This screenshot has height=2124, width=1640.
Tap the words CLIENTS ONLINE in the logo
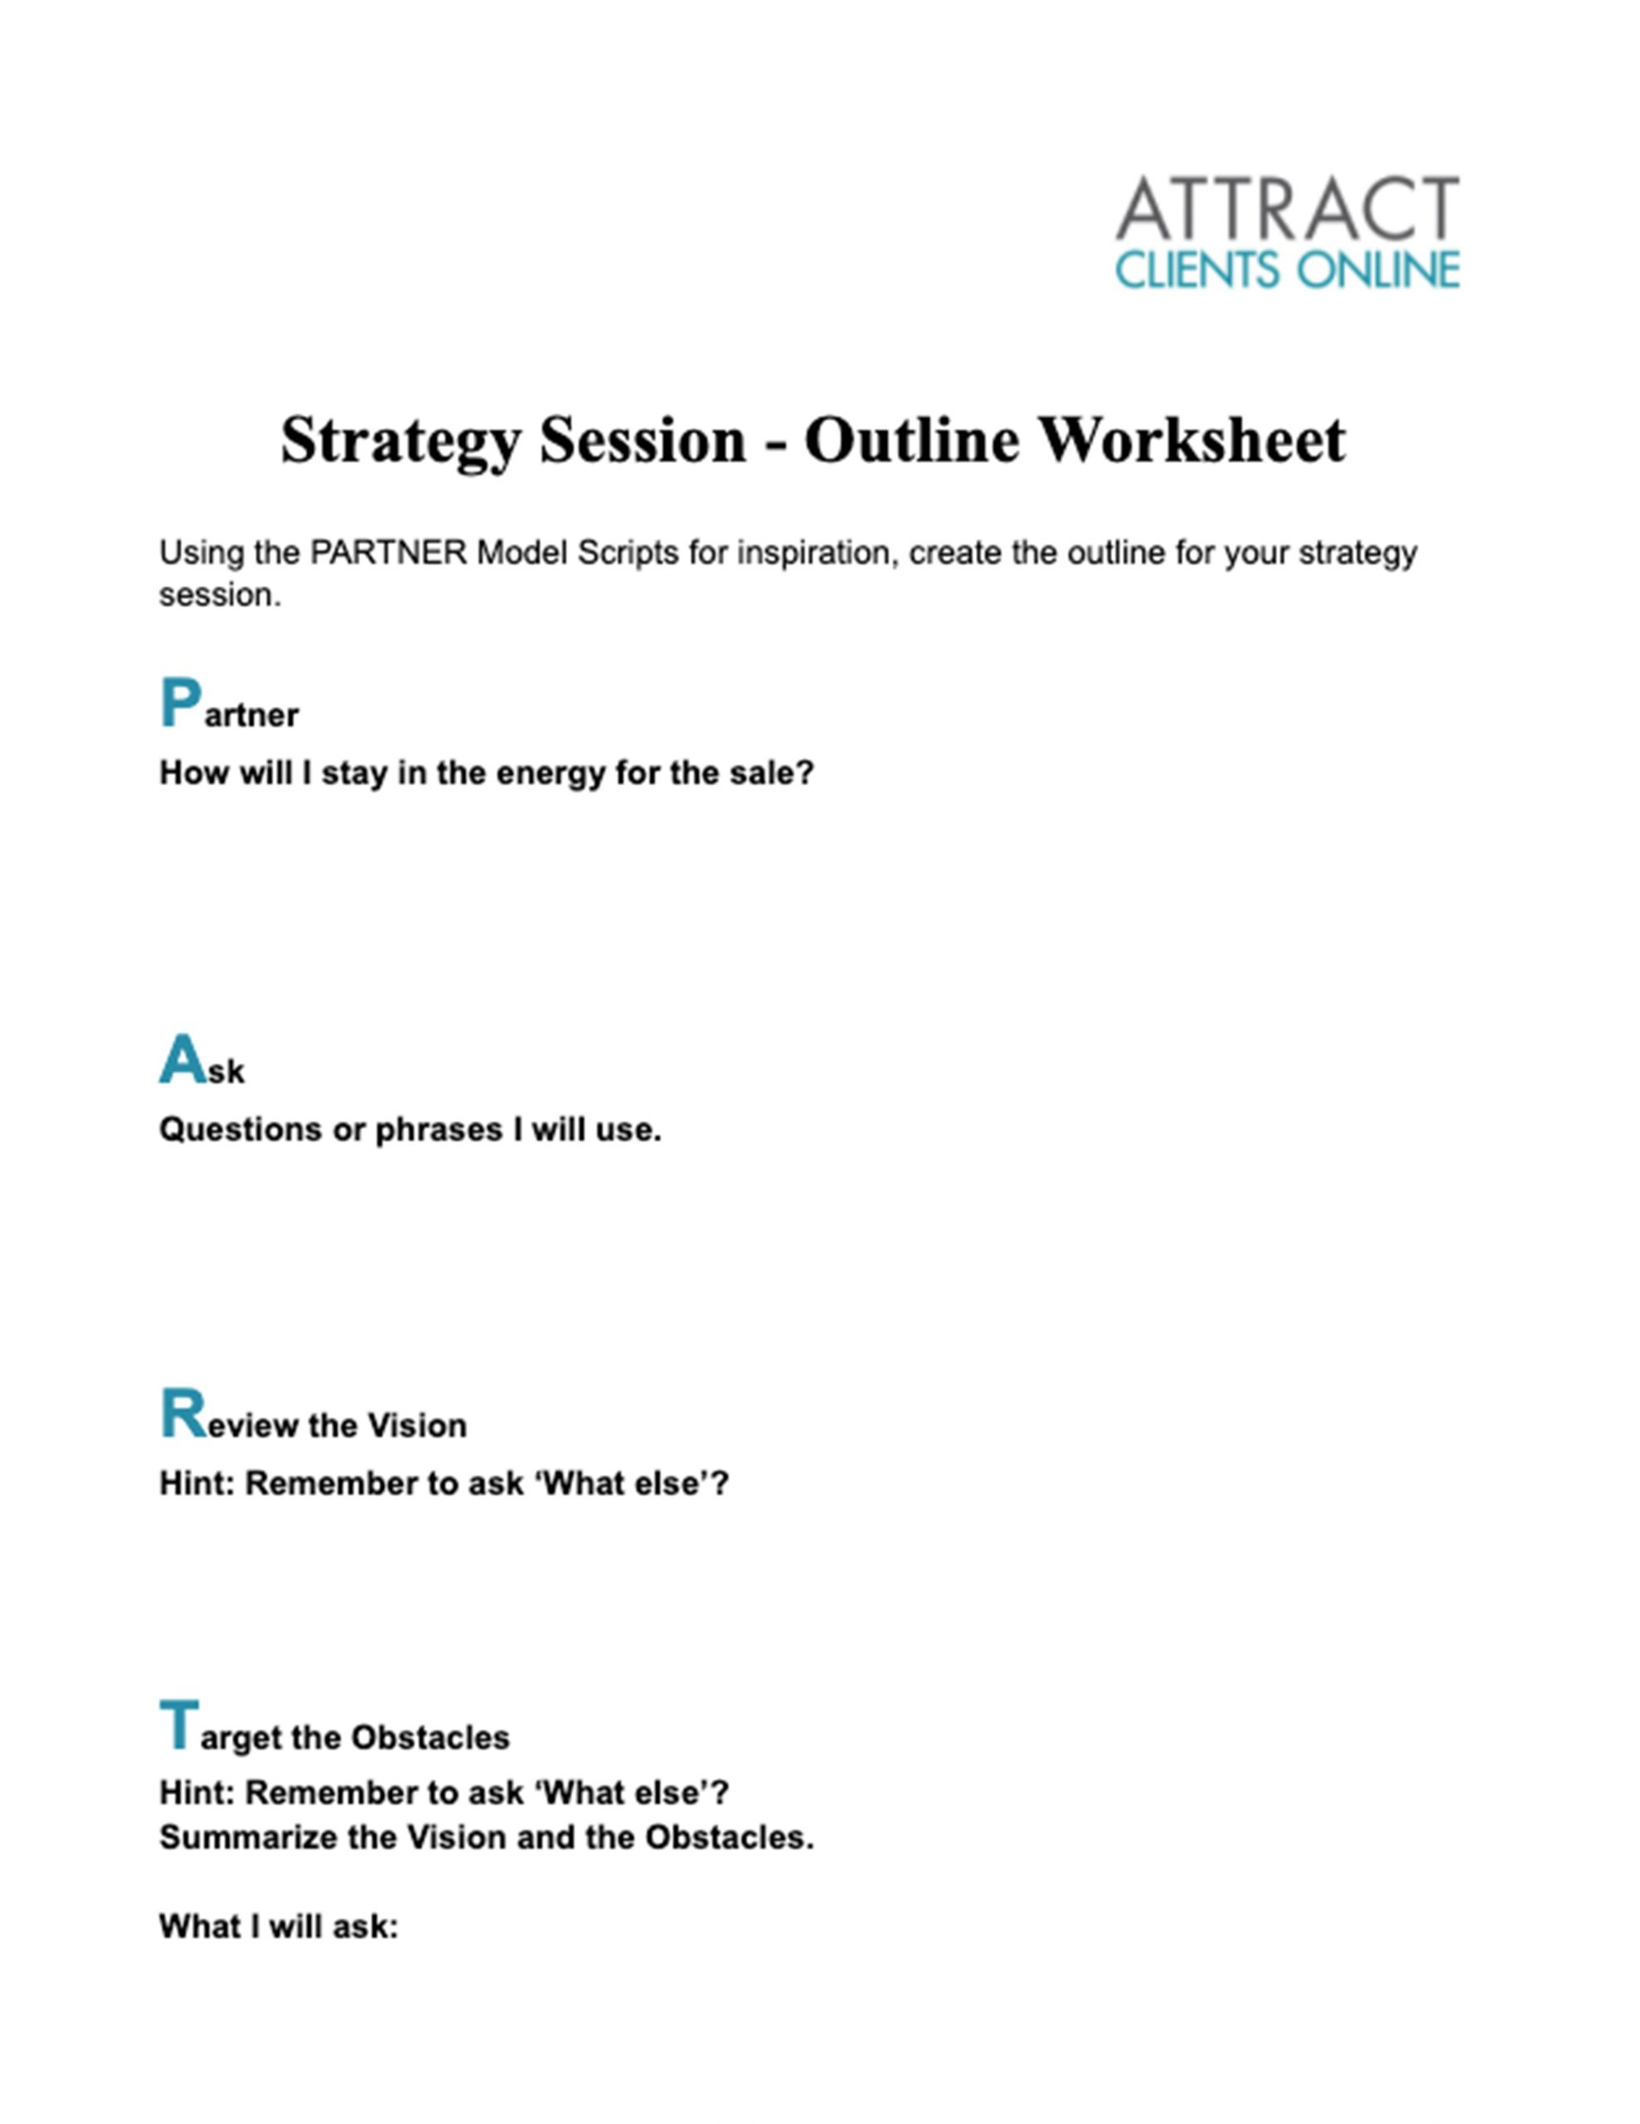point(1287,270)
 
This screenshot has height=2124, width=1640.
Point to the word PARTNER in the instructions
point(389,553)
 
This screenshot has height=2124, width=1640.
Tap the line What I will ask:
point(279,1926)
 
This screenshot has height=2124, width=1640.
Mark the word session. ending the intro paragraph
point(220,595)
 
